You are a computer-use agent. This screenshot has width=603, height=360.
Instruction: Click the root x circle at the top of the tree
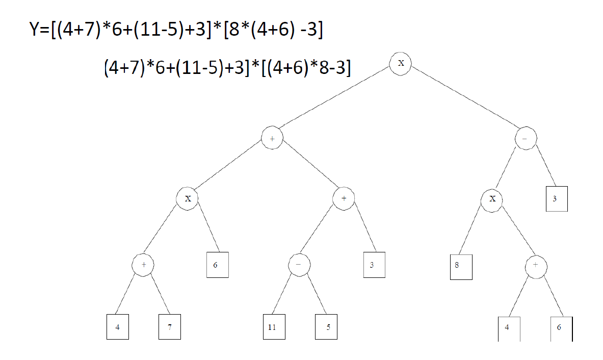tap(401, 63)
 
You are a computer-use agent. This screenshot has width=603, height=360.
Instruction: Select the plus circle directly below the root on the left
tap(272, 138)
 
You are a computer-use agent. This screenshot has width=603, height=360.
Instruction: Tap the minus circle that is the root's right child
tap(526, 138)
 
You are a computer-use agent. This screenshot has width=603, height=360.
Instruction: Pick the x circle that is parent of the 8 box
tap(492, 198)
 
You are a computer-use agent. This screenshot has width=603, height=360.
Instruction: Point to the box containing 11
tap(272, 327)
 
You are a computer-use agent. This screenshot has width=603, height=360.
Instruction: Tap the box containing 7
tap(169, 327)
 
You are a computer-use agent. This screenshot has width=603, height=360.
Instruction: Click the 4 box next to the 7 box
tap(117, 327)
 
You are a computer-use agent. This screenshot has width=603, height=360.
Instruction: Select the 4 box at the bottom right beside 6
tap(508, 328)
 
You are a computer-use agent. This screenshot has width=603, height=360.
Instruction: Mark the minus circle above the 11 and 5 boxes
tap(299, 265)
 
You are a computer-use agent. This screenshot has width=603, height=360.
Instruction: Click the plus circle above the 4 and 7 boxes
tap(143, 265)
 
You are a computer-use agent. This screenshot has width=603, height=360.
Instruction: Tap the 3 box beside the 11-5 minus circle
tap(374, 265)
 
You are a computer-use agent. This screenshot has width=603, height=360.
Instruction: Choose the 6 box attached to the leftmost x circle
tap(217, 265)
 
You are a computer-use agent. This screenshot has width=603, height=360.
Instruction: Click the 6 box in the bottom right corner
tap(561, 328)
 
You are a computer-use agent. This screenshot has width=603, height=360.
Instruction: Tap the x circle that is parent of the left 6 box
tap(188, 198)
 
